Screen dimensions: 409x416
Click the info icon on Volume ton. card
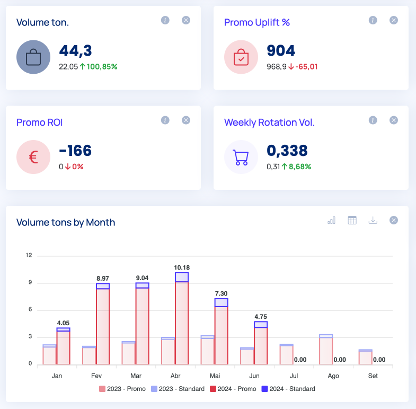(x=165, y=20)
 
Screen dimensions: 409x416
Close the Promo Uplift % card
(x=394, y=20)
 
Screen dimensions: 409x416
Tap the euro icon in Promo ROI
(x=33, y=157)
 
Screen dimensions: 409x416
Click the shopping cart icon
(x=241, y=157)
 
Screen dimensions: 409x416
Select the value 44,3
(x=75, y=51)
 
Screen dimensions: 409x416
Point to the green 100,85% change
(x=99, y=66)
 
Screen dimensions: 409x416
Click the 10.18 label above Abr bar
(x=181, y=267)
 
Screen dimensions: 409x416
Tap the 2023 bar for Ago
(x=326, y=350)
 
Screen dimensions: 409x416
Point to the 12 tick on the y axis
(x=29, y=256)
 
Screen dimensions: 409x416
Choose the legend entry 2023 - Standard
(x=178, y=389)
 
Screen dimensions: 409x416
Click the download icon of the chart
(x=373, y=220)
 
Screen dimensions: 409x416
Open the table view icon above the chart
(x=352, y=220)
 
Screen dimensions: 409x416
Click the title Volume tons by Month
(x=66, y=222)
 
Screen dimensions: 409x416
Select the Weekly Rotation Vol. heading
(x=269, y=122)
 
